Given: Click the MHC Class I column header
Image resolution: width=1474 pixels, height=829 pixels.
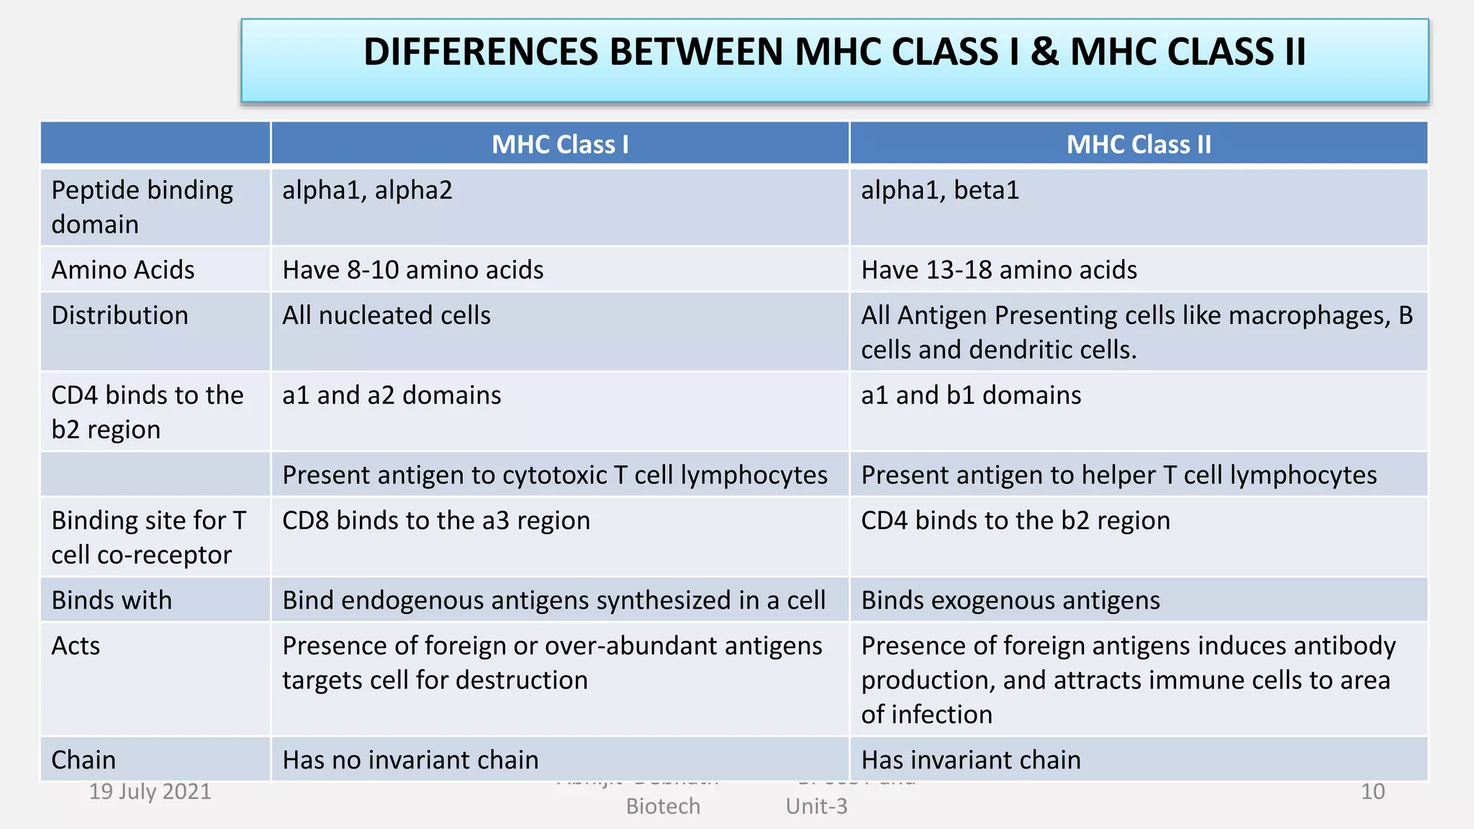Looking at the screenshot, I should (560, 145).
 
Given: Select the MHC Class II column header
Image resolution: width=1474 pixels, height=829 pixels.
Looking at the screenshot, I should (1139, 145).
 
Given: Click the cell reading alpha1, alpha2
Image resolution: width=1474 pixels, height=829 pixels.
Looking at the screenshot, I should (367, 191).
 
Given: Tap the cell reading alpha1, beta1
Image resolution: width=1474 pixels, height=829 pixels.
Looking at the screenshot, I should (940, 191).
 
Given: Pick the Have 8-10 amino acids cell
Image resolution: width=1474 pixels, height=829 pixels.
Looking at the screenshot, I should (412, 270).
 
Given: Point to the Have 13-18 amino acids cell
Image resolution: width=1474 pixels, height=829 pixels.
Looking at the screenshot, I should (999, 270).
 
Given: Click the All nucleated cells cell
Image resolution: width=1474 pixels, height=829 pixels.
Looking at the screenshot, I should (386, 316).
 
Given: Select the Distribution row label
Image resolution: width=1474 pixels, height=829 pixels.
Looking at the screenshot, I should (119, 316).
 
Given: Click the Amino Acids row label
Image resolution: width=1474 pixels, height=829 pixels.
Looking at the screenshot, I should (123, 270).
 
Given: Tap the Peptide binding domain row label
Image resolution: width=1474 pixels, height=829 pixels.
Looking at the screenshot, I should (142, 207).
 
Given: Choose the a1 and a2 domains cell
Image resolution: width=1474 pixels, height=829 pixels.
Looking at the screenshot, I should (392, 396).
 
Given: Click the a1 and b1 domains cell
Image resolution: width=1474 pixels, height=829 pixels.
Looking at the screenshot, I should (971, 396).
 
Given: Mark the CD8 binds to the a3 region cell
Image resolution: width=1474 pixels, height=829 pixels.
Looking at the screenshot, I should (436, 521).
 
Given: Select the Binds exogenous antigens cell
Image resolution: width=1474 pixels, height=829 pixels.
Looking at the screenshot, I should (1010, 601).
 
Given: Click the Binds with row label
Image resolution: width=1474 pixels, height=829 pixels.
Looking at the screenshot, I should (112, 601).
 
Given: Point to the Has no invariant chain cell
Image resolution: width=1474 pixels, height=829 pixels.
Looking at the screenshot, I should (410, 760).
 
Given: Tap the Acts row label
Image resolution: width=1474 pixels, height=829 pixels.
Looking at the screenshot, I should (76, 646).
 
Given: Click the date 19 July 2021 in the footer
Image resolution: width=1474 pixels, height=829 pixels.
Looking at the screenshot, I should (150, 792).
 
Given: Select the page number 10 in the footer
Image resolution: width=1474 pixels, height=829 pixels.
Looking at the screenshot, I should (1373, 792).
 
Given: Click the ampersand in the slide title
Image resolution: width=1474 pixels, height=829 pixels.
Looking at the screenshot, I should (1044, 53).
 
